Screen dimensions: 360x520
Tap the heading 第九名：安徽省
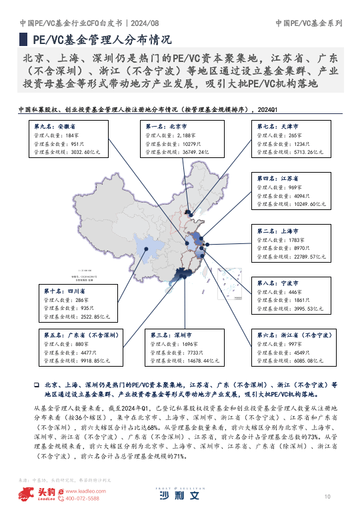pyautogui.click(x=55, y=125)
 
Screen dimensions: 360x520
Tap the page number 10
pyautogui.click(x=327, y=497)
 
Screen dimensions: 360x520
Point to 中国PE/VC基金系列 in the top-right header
pyautogui.click(x=309, y=23)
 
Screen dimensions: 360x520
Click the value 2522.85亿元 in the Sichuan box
pyautogui.click(x=77, y=317)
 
